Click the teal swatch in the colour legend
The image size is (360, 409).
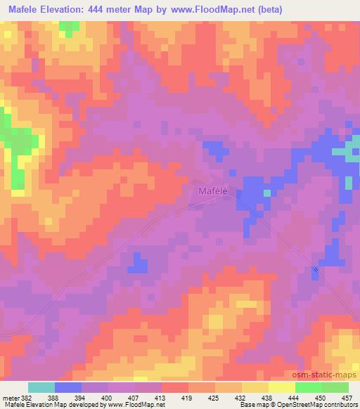41,387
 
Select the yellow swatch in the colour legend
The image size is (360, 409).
282,387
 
